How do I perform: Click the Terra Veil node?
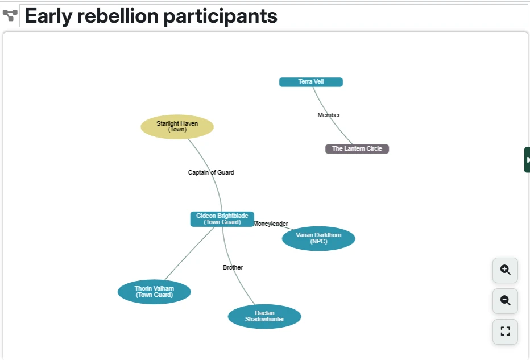pos(310,82)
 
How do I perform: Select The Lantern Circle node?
pos(357,148)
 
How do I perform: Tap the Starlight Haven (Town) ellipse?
pos(177,126)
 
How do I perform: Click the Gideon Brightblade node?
pos(222,219)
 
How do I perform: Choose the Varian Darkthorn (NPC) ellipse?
pos(318,238)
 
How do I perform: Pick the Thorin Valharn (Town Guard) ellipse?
pos(154,292)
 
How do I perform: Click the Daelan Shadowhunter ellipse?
pos(264,316)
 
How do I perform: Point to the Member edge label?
pos(329,115)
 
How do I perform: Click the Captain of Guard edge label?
pos(210,172)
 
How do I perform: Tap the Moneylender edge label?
pos(271,224)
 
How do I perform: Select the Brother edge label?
pos(233,267)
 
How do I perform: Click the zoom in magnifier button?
pos(505,270)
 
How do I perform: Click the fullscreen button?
pos(505,331)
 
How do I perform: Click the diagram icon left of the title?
pos(10,16)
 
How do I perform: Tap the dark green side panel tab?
pos(527,160)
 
